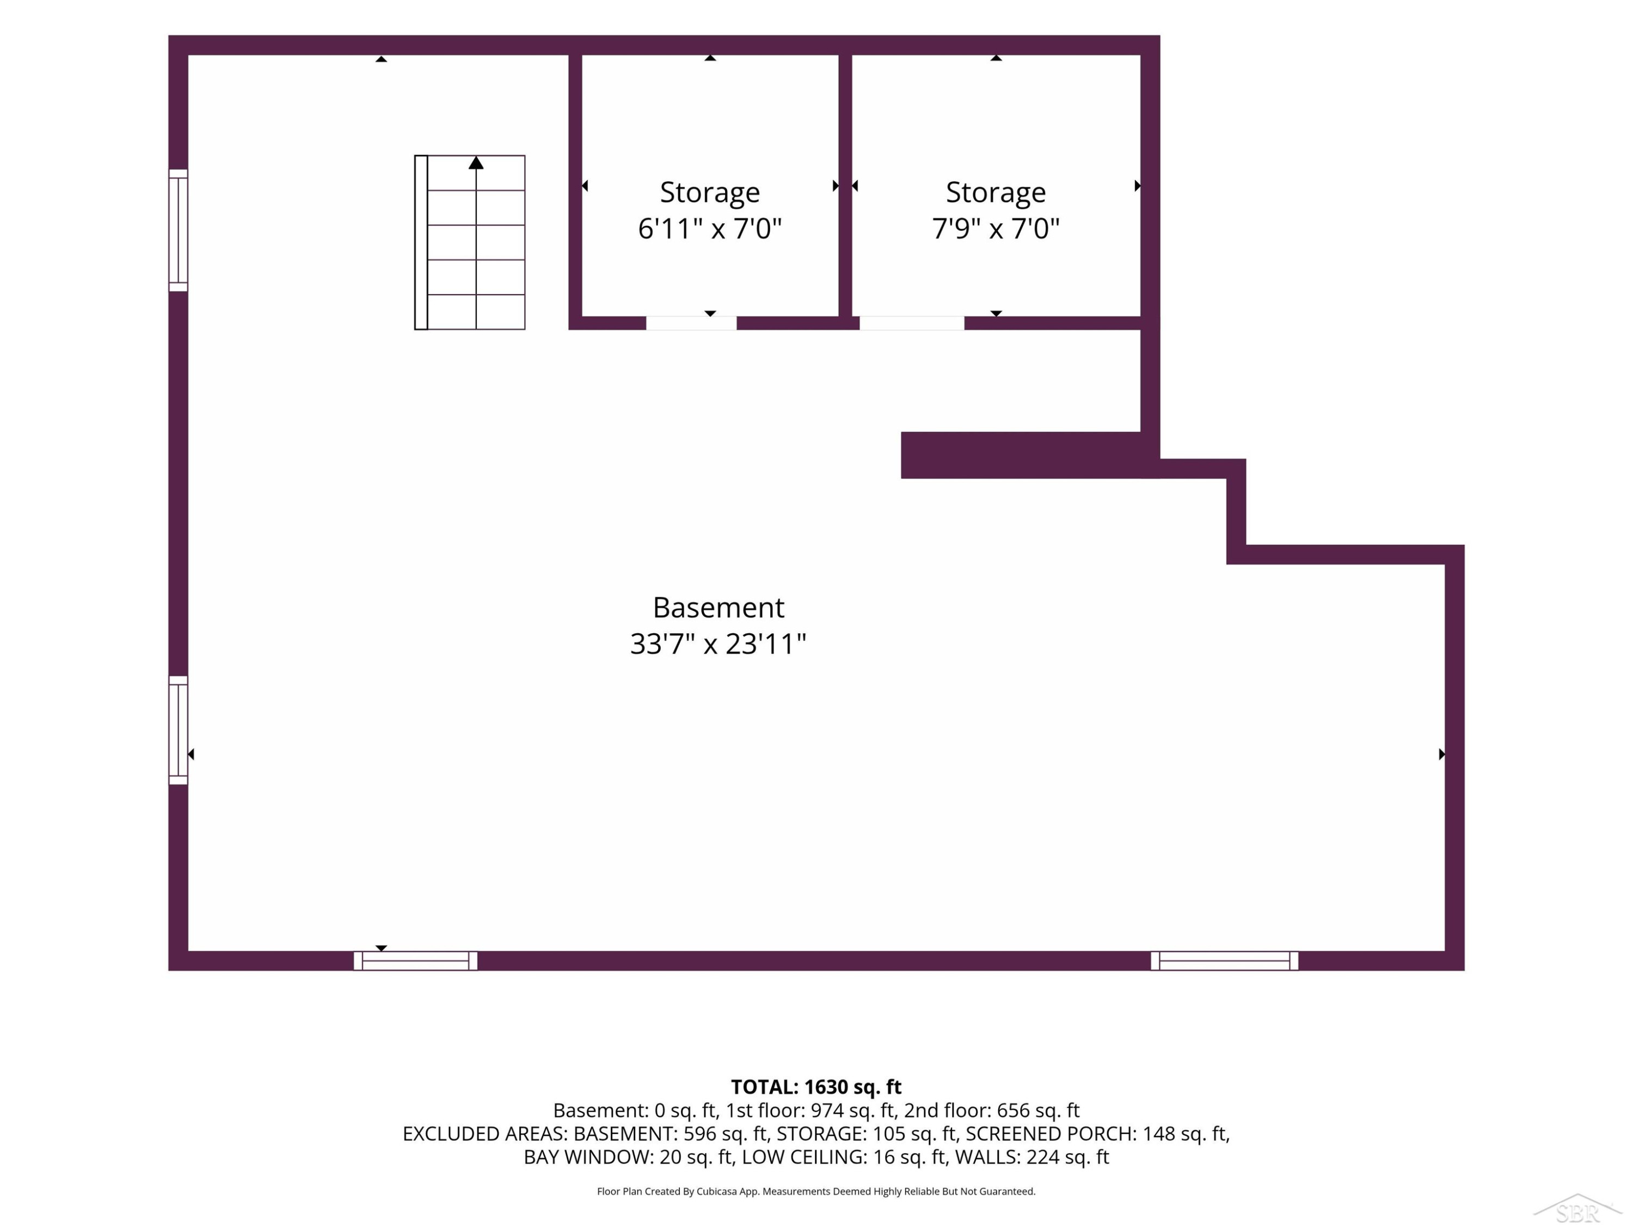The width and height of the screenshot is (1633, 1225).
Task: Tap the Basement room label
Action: [x=719, y=608]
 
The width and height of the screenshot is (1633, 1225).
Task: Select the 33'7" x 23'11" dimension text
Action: [x=719, y=644]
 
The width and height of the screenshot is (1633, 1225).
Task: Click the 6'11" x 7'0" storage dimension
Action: [x=709, y=229]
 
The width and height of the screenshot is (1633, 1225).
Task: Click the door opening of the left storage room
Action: [x=691, y=323]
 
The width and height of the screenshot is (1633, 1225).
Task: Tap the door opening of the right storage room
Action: [x=912, y=323]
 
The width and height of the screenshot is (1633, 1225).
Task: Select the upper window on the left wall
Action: [x=178, y=230]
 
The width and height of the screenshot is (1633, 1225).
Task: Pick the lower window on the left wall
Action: [x=178, y=730]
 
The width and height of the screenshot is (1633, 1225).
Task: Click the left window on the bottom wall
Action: [x=416, y=960]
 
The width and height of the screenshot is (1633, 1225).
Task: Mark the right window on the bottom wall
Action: [x=1224, y=960]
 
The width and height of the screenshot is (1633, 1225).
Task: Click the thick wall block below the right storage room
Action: [x=1022, y=455]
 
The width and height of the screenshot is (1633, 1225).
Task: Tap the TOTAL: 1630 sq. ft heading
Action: [x=816, y=1087]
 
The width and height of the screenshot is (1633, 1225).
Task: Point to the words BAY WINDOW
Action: [x=588, y=1157]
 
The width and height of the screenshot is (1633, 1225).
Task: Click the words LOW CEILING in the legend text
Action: [x=803, y=1157]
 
